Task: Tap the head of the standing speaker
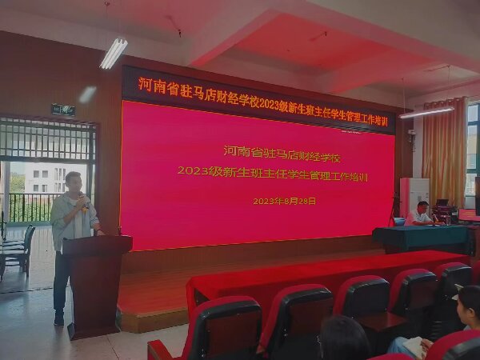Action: tap(74, 182)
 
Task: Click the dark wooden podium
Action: tap(95, 284)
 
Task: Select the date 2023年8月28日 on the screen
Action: tap(284, 201)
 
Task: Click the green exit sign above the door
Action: tap(63, 110)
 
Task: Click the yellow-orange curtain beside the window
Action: tap(445, 152)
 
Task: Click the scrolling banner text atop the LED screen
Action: tap(262, 102)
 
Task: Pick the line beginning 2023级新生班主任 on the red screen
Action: tap(273, 174)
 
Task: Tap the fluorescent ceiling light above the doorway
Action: tap(114, 54)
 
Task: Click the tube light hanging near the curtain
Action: tap(426, 113)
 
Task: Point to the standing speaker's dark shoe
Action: tap(59, 319)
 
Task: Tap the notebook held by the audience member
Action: tap(414, 346)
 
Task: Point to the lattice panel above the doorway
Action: tap(46, 139)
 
